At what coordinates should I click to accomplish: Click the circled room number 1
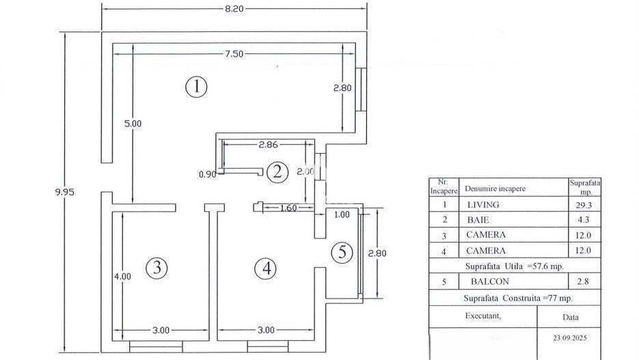(196, 87)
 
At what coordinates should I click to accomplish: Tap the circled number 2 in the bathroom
(277, 171)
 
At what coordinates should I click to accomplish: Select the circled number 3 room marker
(157, 268)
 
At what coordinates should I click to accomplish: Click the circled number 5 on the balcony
(342, 253)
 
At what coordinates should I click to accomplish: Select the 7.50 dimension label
(234, 55)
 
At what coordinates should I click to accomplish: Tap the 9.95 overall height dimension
(64, 192)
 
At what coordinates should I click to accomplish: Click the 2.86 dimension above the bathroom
(269, 146)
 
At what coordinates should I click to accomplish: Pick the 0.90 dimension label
(208, 174)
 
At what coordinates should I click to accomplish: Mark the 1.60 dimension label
(288, 209)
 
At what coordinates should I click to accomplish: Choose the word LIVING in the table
(482, 204)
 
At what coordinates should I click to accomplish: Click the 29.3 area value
(584, 204)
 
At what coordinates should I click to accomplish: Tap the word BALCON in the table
(489, 281)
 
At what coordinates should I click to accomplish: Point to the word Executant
(482, 316)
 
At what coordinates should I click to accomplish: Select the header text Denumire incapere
(495, 188)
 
